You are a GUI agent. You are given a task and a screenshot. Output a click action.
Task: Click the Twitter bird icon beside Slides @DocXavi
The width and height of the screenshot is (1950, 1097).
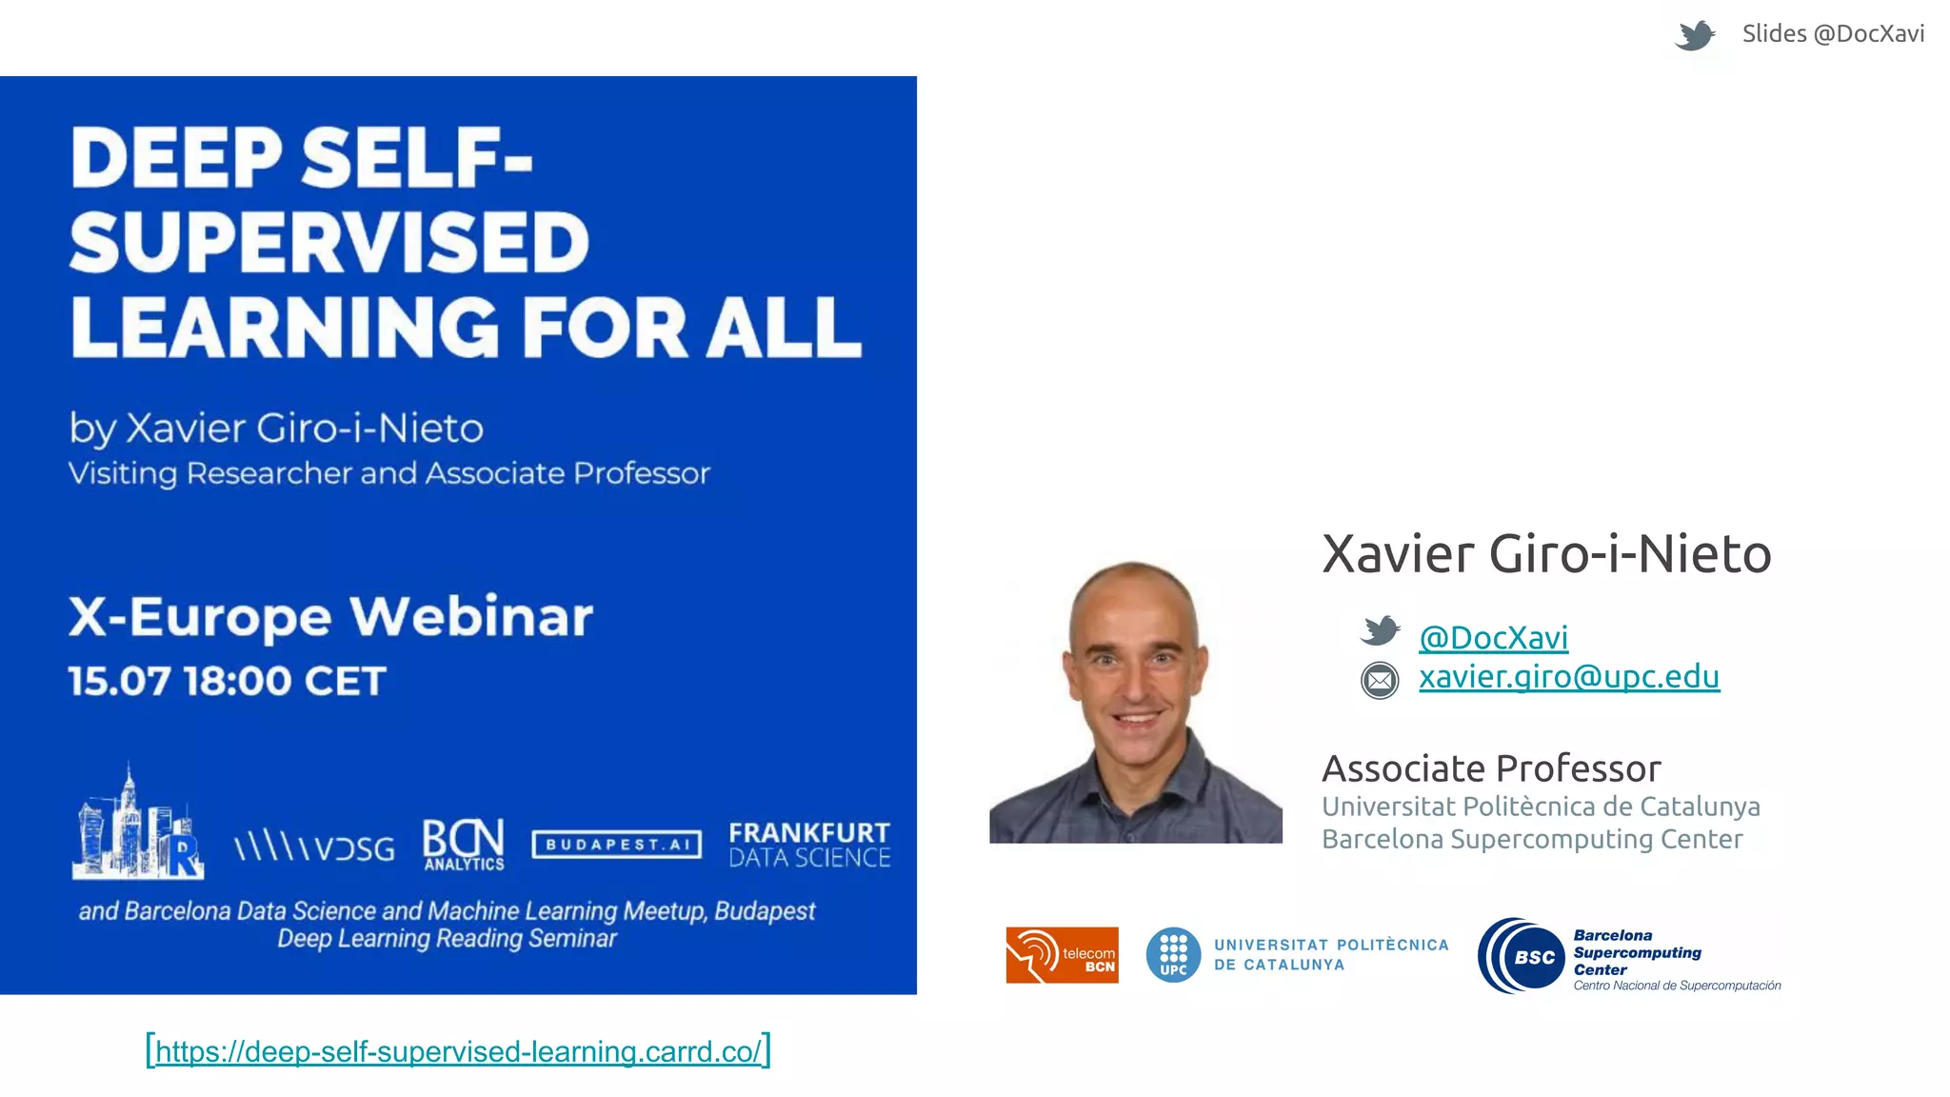[x=1695, y=35]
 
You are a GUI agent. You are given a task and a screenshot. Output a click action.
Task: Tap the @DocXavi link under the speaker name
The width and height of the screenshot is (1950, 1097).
[x=1493, y=637]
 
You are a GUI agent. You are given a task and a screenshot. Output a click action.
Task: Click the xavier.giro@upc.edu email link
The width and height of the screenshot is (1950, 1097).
[x=1568, y=676]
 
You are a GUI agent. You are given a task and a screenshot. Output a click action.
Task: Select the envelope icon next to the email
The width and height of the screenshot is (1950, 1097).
[x=1380, y=680]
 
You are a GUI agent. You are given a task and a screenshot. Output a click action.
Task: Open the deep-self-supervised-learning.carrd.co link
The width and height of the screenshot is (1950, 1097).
[x=458, y=1050]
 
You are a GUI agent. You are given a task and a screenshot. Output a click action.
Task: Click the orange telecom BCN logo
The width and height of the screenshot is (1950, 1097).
[x=1062, y=954]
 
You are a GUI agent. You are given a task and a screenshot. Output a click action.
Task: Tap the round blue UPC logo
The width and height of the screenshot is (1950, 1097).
[x=1173, y=954]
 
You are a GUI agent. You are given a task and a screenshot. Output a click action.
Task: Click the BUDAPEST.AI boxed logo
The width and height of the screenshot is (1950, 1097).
[x=617, y=845]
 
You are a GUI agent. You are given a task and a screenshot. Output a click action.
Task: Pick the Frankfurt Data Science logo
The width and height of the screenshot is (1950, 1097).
[x=809, y=845]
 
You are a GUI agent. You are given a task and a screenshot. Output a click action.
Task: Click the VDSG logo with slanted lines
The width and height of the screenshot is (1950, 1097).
[x=314, y=846]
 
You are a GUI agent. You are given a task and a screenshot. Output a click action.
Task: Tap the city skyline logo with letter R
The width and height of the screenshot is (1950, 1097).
[x=138, y=825]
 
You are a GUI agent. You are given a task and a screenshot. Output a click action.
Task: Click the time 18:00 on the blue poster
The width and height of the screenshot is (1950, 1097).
[x=237, y=681]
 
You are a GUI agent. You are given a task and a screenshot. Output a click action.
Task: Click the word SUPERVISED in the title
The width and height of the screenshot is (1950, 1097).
[x=329, y=242]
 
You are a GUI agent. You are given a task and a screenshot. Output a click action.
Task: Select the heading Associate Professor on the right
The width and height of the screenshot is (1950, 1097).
[x=1491, y=768]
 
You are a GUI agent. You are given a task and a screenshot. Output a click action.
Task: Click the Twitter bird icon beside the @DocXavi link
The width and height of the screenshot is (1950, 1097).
[x=1380, y=630]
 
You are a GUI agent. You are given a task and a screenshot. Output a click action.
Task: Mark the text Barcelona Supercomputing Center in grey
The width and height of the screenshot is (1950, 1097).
[x=1532, y=839]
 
